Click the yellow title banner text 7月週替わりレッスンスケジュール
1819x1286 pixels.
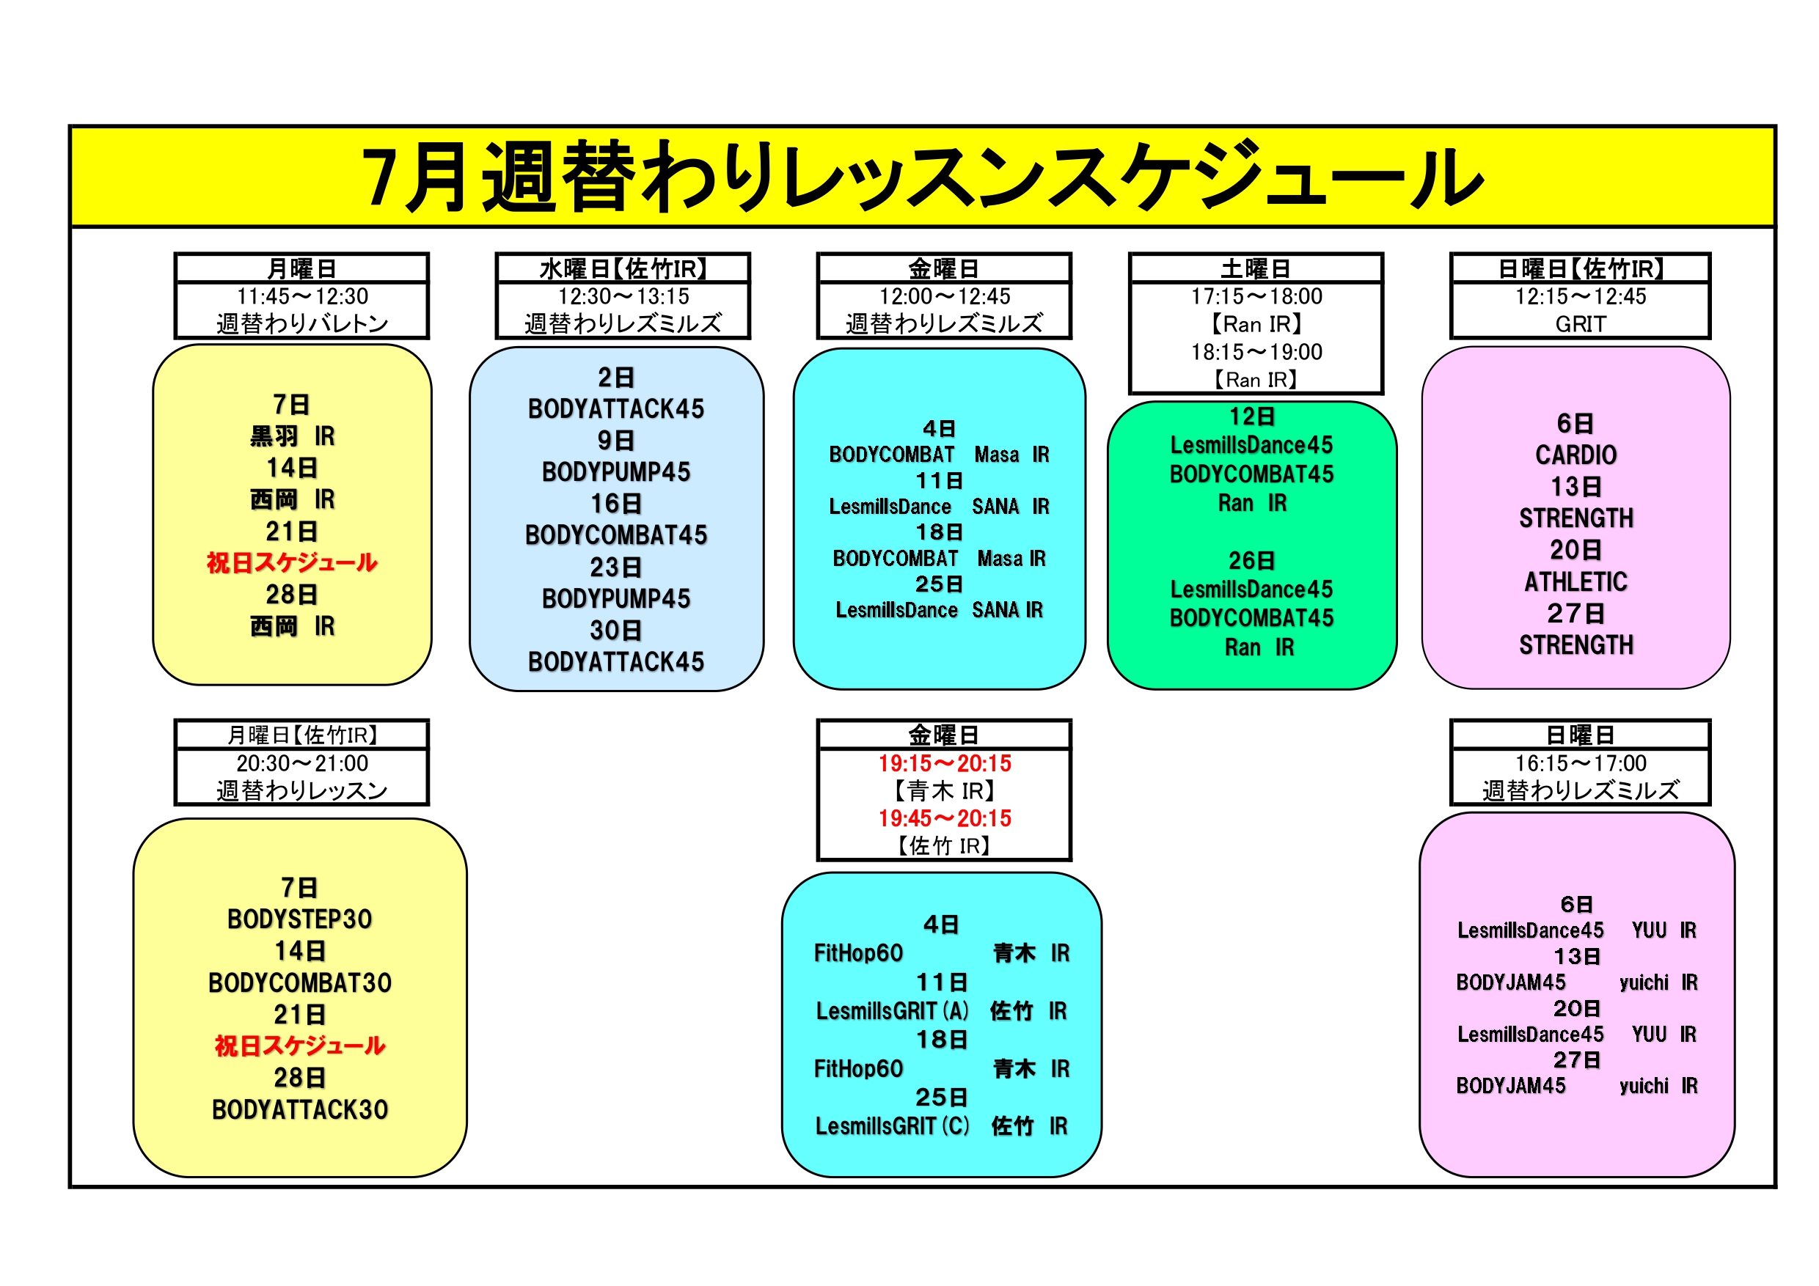(x=923, y=177)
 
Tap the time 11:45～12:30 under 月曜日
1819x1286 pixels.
(x=302, y=296)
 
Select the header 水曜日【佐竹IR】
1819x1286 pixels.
(x=623, y=268)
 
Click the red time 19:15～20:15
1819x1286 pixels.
(x=945, y=763)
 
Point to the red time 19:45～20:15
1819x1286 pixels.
(x=945, y=818)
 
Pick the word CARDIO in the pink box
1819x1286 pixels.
(x=1575, y=455)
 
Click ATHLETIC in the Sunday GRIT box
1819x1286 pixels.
(x=1575, y=582)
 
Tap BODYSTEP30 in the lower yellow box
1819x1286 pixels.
(x=299, y=919)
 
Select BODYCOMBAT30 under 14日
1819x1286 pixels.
(x=299, y=982)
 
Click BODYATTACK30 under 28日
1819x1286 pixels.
(x=299, y=1109)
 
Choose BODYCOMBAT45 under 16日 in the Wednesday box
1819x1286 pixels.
(x=615, y=535)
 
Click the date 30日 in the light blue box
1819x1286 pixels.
(x=615, y=631)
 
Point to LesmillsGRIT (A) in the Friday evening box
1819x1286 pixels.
(x=892, y=1011)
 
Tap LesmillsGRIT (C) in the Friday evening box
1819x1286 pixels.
(x=892, y=1126)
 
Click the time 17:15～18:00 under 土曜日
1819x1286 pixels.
(x=1256, y=296)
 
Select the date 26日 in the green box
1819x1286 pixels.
(x=1252, y=561)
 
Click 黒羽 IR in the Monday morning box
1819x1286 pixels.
(x=293, y=436)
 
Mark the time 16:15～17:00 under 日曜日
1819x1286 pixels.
(x=1581, y=763)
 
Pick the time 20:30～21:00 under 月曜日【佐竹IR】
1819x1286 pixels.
(x=302, y=763)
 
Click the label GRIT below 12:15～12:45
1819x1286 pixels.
(x=1581, y=324)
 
